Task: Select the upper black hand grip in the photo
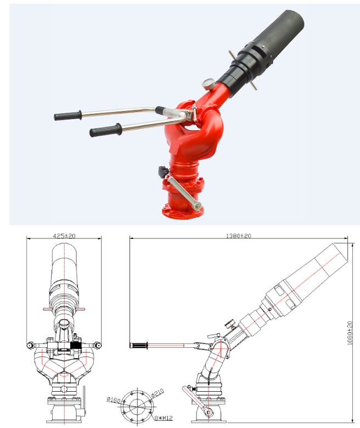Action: coord(68,115)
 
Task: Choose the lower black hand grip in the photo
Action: coord(104,131)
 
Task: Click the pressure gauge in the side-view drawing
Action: coord(230,323)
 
